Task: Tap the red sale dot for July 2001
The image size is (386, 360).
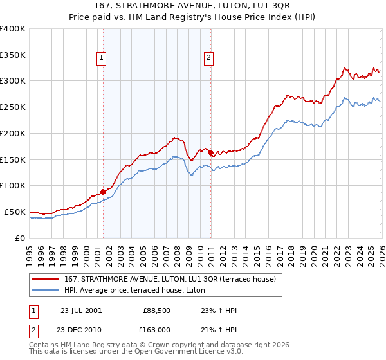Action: pyautogui.click(x=104, y=191)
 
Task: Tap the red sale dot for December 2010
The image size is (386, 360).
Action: pyautogui.click(x=211, y=152)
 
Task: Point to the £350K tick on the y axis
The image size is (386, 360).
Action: pyautogui.click(x=13, y=55)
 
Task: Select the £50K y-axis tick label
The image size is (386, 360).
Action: pyautogui.click(x=15, y=212)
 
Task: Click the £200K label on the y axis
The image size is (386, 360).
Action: pyautogui.click(x=13, y=134)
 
